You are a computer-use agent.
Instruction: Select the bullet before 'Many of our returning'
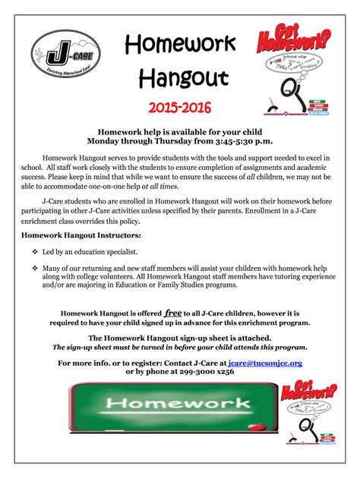click(35, 269)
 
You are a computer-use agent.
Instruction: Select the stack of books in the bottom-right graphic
click(327, 439)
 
